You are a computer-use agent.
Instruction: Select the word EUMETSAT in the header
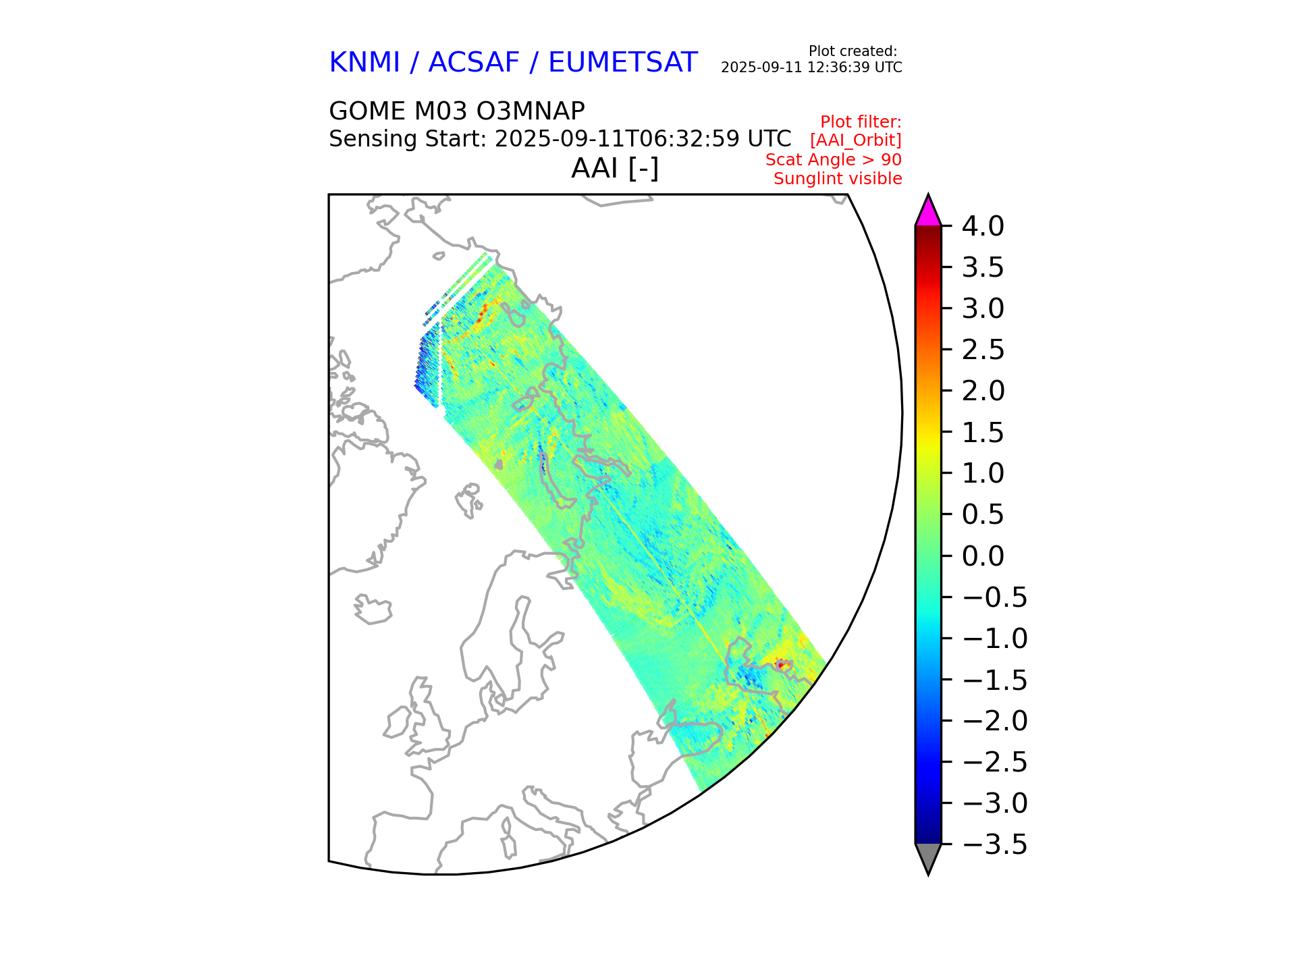(622, 63)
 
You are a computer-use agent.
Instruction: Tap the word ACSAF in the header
(474, 63)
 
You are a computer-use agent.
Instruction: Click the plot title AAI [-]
(614, 168)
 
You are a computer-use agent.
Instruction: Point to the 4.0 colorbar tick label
(983, 226)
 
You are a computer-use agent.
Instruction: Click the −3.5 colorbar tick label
(994, 844)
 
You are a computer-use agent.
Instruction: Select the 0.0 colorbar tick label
(983, 556)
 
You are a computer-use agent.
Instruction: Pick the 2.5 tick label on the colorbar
(983, 350)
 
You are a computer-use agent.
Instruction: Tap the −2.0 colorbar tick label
(994, 721)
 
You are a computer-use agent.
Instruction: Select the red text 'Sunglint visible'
(838, 179)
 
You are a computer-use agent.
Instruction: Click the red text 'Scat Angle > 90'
(834, 160)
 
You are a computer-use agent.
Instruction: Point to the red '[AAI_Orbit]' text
(856, 140)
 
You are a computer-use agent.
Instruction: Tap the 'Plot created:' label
(853, 51)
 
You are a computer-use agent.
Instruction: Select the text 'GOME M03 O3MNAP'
(456, 111)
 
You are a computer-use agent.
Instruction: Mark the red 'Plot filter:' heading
(861, 122)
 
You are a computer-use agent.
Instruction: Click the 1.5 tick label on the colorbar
(983, 433)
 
